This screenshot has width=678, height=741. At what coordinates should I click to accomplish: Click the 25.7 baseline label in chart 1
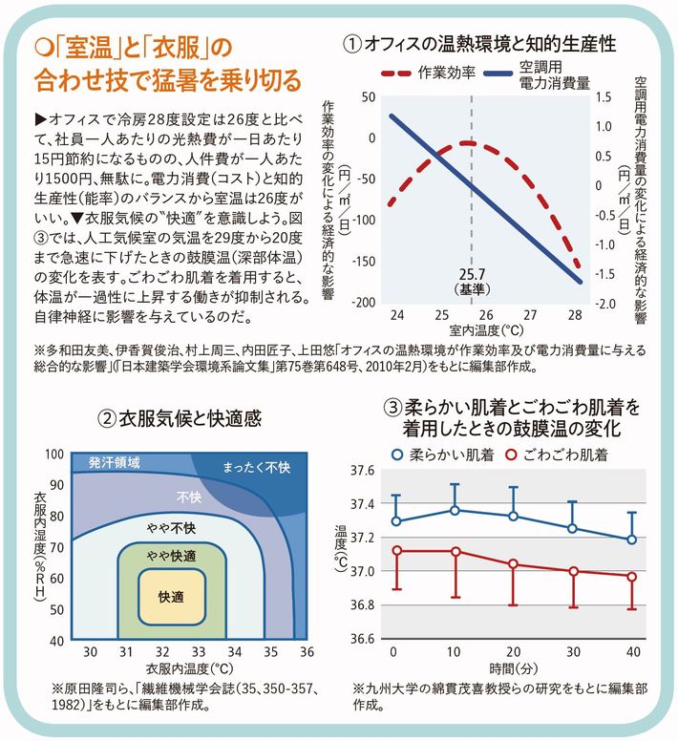pos(471,273)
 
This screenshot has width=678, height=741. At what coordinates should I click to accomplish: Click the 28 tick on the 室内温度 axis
pos(575,315)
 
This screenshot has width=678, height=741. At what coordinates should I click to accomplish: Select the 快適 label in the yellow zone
pos(172,596)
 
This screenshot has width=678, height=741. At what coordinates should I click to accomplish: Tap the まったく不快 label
pos(256,469)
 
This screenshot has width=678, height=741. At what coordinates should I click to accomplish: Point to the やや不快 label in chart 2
pos(172,528)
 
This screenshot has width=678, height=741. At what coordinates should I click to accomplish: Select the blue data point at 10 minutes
pos(455,511)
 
